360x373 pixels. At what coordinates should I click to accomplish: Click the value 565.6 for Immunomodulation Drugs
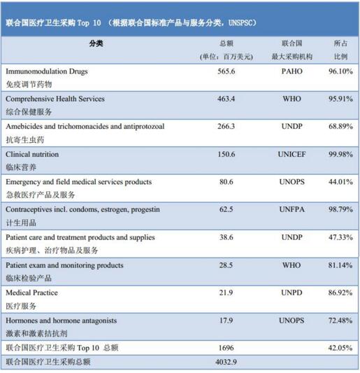pos(226,71)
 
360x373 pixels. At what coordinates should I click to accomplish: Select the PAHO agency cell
pos(291,71)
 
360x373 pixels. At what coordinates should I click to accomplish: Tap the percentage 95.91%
pos(340,99)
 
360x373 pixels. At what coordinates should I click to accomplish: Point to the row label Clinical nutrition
pos(32,154)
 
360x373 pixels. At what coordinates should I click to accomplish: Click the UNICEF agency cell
pos(291,154)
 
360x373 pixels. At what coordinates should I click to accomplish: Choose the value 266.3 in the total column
pos(226,126)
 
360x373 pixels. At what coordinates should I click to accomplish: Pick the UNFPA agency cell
pos(291,209)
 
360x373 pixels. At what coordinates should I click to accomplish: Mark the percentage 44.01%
pos(340,182)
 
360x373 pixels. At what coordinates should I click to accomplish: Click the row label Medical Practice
pos(31,293)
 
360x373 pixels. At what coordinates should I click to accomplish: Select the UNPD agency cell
pos(291,293)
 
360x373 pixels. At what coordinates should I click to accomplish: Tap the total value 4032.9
pos(226,362)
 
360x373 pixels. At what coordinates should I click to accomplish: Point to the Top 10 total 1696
pos(226,348)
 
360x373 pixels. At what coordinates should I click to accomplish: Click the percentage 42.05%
pos(340,348)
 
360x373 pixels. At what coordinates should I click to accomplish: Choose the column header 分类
pos(96,43)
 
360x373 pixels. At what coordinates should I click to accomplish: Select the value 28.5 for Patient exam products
pos(226,265)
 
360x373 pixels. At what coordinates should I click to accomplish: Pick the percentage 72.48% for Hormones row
pos(340,321)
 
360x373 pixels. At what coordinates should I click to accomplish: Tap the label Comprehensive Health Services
pos(55,99)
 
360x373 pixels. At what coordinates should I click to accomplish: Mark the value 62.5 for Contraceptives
pos(226,209)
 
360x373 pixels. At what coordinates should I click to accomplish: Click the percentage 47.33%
pos(340,237)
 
